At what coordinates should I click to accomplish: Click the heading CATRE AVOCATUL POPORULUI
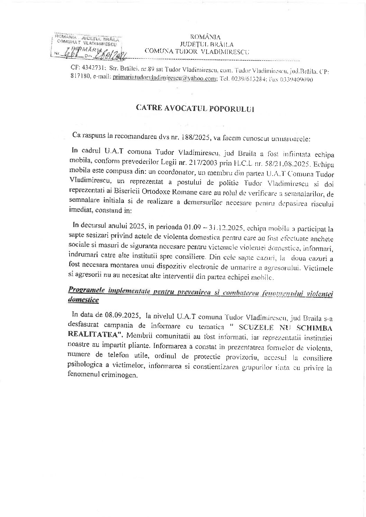click(195, 108)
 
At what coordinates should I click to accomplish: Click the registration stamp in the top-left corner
click(86, 46)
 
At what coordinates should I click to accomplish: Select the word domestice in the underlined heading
click(83, 300)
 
